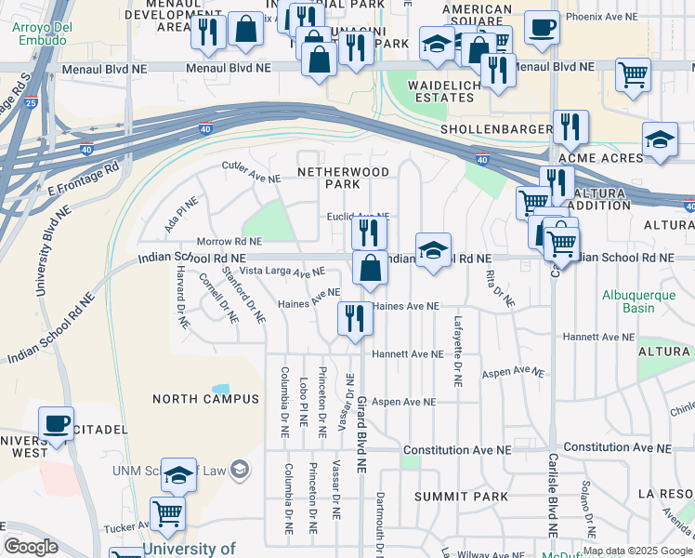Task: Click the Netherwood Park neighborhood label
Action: click(329, 178)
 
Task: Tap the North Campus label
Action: click(205, 399)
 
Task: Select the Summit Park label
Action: click(462, 497)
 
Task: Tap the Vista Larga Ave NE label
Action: click(282, 272)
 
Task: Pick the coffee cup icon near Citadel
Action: click(56, 423)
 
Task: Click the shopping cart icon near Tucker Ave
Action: click(167, 512)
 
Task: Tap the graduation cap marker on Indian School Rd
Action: click(433, 250)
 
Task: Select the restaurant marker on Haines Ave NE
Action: click(355, 318)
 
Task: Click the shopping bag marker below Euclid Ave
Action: click(370, 268)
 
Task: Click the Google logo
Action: click(31, 547)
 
